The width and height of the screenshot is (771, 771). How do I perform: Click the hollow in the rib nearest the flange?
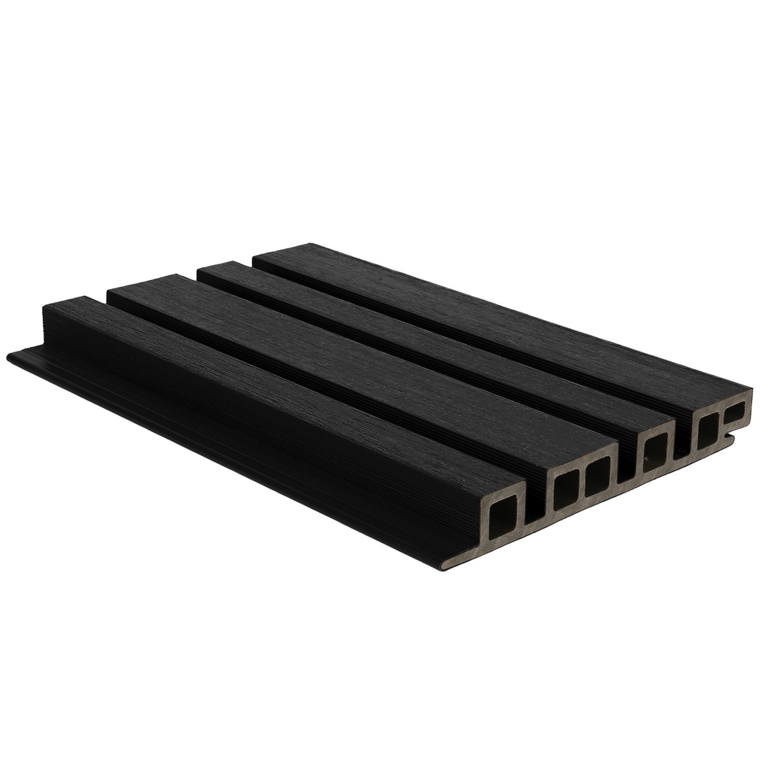502,520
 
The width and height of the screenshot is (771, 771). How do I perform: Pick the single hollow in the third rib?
654,454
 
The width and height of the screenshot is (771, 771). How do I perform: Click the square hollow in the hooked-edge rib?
707,430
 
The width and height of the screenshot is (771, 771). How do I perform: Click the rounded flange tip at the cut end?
446,563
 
